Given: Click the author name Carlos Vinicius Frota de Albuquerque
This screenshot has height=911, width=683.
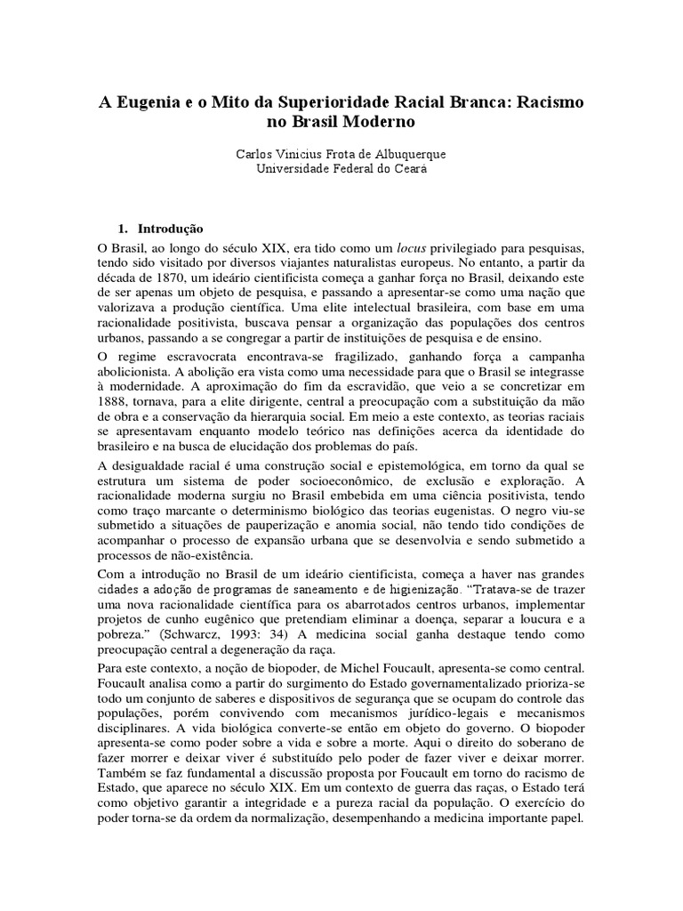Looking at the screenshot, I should coord(341,154).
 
